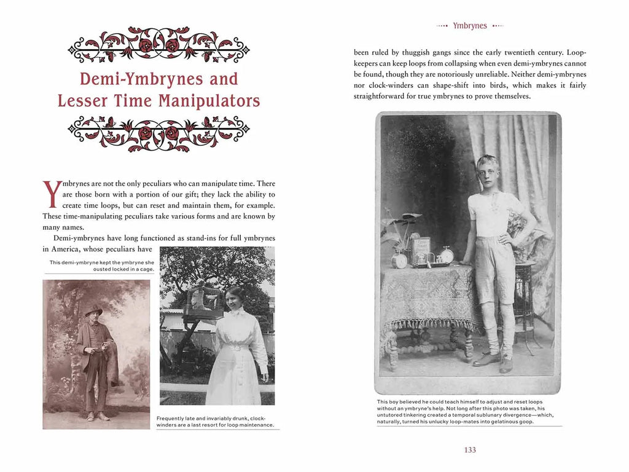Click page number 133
(470, 450)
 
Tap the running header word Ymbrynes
(470, 26)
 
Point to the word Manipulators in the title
(210, 101)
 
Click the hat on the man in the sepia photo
(93, 310)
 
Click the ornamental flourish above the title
(158, 45)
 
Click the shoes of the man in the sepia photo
(96, 416)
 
